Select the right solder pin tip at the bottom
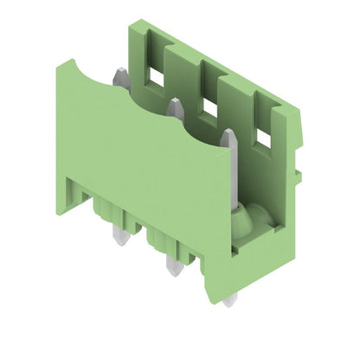point(229,299)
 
